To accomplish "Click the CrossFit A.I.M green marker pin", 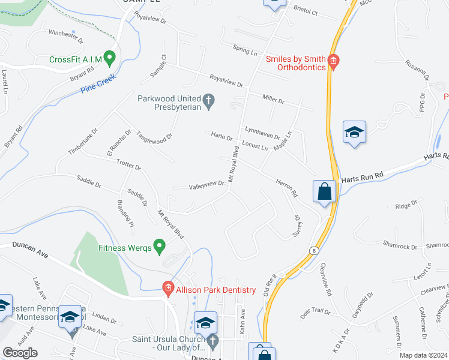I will [109, 58].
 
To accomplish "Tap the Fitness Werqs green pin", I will [159, 246].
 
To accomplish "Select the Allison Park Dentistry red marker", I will [169, 289].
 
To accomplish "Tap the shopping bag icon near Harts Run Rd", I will [324, 192].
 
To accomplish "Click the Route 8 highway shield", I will [313, 249].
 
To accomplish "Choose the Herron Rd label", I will [286, 187].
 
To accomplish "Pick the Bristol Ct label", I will [305, 11].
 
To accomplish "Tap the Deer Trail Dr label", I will [315, 312].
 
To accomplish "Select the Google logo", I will [20, 353].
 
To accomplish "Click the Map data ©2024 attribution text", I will [424, 355].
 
